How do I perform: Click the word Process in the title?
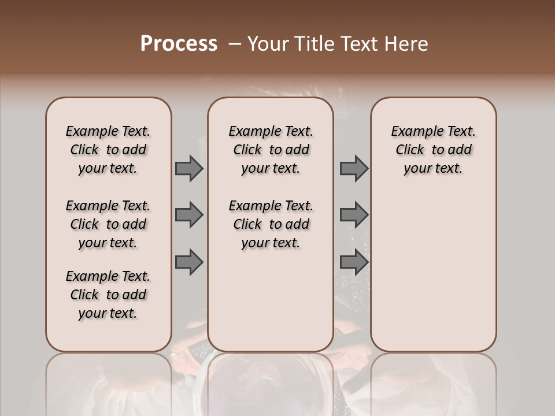coord(179,44)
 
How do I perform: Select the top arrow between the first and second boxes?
coord(189,168)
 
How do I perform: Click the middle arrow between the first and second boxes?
coord(189,215)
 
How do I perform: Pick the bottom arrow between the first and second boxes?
coord(189,262)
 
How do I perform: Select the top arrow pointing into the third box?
coord(354,168)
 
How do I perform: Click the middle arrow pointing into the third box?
coord(354,215)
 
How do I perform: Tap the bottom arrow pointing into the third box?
coord(354,262)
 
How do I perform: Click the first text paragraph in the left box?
coord(108,150)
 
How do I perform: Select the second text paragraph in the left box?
coord(108,224)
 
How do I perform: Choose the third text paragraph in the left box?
coord(108,295)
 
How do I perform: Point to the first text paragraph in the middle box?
coord(271,150)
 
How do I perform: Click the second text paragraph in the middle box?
coord(271,224)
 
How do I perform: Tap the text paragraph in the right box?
coord(433,150)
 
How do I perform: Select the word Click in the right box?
coord(410,150)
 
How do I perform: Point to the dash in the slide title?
coord(234,44)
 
